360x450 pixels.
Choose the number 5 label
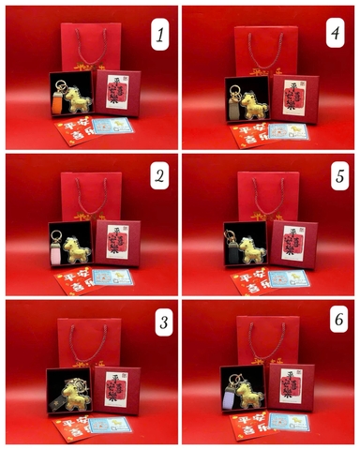(x=334, y=177)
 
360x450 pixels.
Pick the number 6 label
(x=334, y=324)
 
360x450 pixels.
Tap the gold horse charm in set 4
(x=256, y=96)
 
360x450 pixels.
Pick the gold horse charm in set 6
(x=256, y=394)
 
